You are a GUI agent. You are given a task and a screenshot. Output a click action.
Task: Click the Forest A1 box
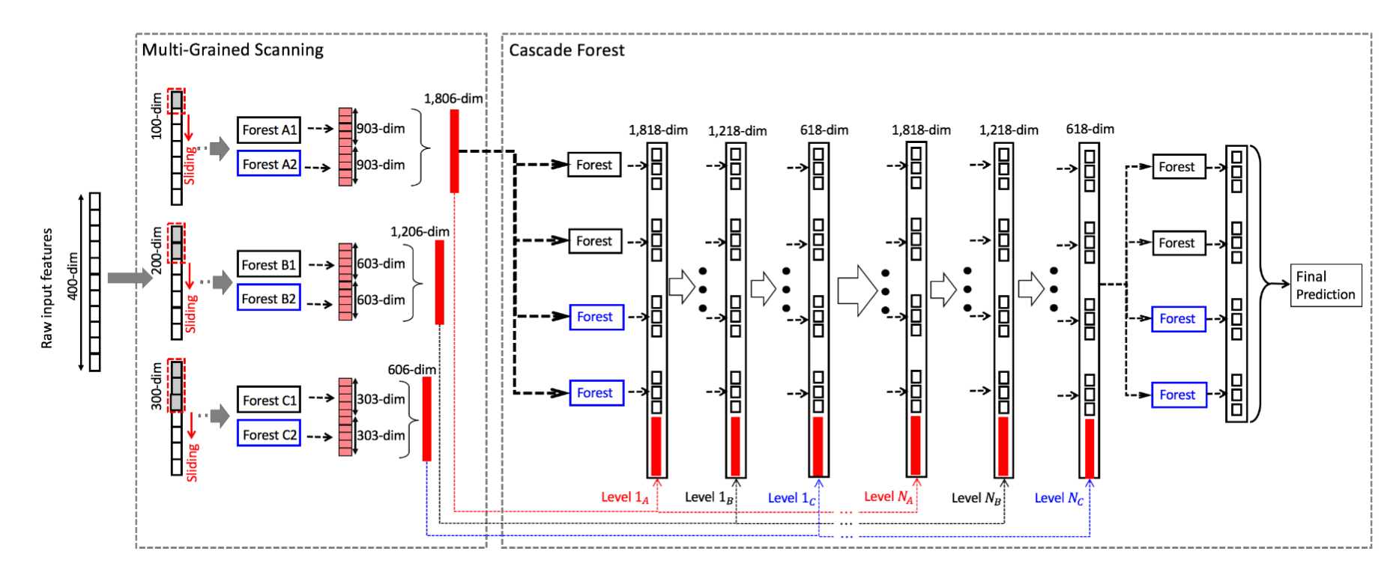(269, 130)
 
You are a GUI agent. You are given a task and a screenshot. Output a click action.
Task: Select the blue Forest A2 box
(269, 164)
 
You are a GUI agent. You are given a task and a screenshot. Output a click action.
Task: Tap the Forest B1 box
(269, 264)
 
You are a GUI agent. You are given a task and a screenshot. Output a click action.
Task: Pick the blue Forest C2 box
(269, 434)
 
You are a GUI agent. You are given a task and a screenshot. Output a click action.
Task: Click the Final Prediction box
(1325, 285)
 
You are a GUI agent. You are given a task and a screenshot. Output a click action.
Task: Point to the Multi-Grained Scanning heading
(232, 50)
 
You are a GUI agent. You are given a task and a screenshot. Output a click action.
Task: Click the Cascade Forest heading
(566, 50)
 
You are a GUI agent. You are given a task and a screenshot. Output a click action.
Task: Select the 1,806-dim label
(453, 98)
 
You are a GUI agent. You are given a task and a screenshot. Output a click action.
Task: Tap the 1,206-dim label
(420, 231)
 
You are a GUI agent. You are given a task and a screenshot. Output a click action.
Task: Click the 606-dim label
(411, 369)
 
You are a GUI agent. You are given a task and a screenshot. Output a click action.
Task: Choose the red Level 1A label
(624, 497)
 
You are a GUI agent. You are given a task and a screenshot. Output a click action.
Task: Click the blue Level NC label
(1058, 498)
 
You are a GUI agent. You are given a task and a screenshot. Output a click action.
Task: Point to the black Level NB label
(976, 498)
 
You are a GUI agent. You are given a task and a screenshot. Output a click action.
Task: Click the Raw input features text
(47, 288)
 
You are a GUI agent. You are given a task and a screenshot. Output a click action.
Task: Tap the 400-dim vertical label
(73, 276)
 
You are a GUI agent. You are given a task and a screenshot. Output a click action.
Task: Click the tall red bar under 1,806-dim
(454, 151)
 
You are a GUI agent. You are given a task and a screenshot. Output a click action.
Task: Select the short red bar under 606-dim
(426, 419)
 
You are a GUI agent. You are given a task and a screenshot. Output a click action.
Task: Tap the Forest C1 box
(269, 400)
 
